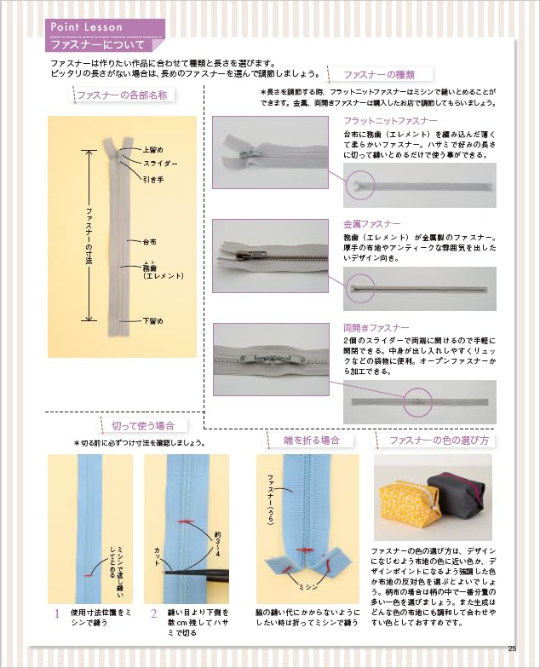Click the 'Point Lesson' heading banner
[105, 27]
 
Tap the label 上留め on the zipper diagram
[153, 150]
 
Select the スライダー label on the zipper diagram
[160, 164]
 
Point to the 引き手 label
[153, 180]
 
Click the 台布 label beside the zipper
[150, 242]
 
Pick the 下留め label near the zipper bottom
[153, 320]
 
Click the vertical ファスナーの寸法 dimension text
[89, 236]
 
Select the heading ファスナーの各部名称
[123, 95]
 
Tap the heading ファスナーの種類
[379, 75]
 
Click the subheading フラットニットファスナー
[390, 121]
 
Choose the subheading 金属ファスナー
[371, 223]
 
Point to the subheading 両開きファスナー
[376, 327]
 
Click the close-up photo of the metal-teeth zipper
[271, 256]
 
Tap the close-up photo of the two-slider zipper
[271, 360]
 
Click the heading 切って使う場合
[143, 426]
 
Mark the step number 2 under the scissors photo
[153, 613]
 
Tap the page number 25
[512, 648]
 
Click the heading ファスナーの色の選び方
[439, 440]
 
